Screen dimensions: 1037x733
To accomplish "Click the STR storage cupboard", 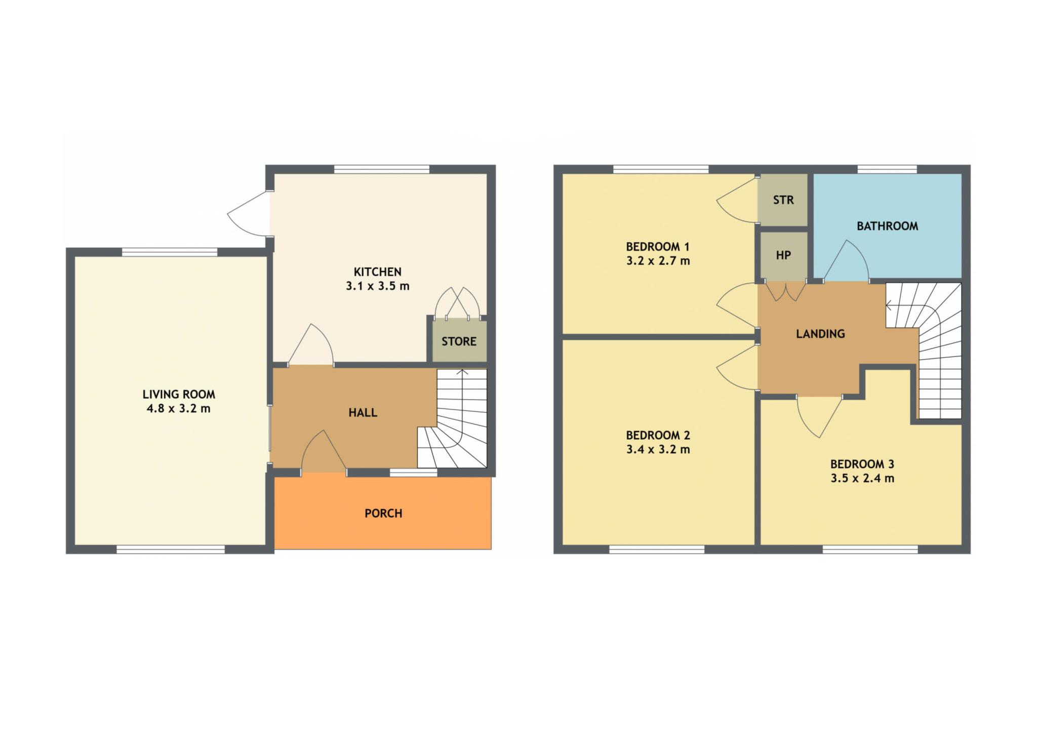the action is click(x=782, y=200).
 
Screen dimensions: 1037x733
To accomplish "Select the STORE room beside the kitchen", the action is click(x=459, y=341).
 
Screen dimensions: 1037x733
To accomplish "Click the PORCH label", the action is click(x=383, y=513).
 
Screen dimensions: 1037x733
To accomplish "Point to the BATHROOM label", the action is click(x=887, y=226).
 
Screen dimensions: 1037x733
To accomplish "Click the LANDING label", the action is click(x=820, y=334).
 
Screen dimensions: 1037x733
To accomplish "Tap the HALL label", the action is click(x=363, y=413).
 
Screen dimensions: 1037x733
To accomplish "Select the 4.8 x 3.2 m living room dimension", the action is click(x=178, y=408).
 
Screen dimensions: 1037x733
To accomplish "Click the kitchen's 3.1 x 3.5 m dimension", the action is click(x=377, y=286).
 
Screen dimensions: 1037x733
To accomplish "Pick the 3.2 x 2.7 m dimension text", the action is click(x=658, y=261).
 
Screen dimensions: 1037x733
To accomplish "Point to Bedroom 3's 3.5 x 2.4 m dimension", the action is click(x=862, y=478).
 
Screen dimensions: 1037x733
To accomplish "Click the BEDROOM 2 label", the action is click(x=658, y=435).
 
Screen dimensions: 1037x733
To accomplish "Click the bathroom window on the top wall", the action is click(x=887, y=169).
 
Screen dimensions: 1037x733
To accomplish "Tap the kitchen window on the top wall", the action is click(x=382, y=169).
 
